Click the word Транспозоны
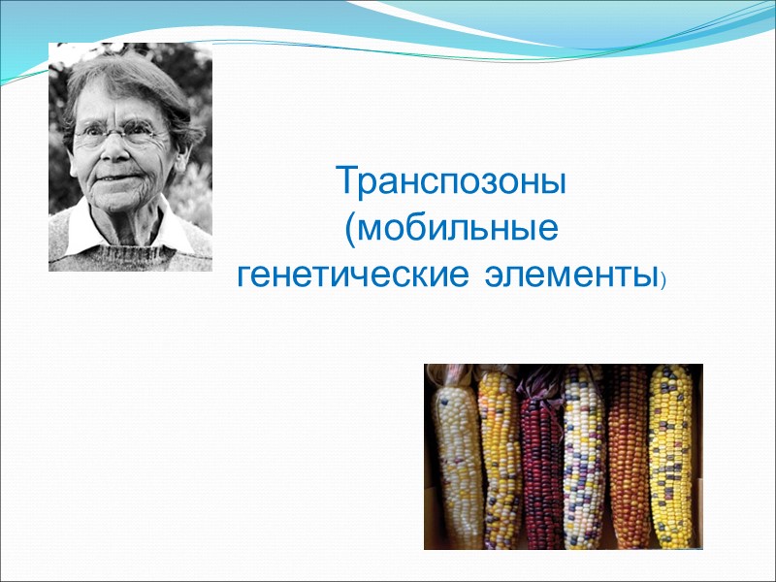(451, 181)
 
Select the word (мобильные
(451, 231)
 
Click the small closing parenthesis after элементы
(663, 283)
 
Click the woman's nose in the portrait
(114, 155)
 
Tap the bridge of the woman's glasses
(115, 134)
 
